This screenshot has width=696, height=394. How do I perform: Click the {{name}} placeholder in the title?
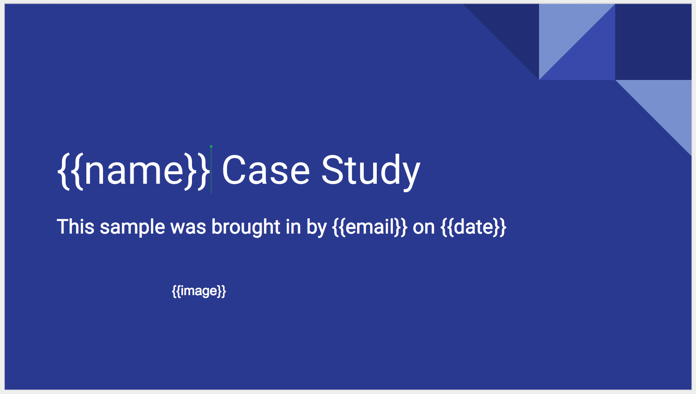tap(134, 171)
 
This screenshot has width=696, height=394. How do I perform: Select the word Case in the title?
tap(266, 170)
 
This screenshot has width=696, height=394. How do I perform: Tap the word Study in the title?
tap(370, 173)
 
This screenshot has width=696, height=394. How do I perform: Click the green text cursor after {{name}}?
tap(211, 169)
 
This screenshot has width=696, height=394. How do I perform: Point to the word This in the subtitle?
tap(76, 226)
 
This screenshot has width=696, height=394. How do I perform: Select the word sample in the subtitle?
tap(132, 228)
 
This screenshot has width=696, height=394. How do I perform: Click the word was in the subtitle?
tap(188, 227)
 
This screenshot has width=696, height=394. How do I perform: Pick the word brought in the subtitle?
tap(246, 228)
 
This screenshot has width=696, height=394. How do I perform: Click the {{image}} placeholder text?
tap(199, 291)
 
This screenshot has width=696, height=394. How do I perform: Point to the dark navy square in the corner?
tap(653, 42)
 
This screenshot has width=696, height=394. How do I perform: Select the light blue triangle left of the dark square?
tap(564, 30)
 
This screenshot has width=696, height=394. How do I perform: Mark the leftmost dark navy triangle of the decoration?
tap(514, 30)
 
